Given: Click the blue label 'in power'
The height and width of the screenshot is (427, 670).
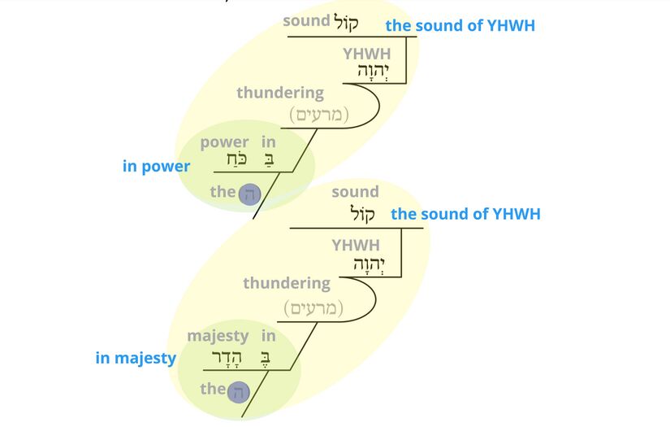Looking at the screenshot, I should coord(156,167).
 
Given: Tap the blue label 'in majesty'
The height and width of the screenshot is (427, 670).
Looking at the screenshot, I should coord(136,358).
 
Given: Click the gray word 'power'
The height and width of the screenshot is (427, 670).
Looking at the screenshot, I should coord(224,142).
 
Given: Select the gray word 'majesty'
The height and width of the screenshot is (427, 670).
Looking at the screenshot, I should coord(218,335).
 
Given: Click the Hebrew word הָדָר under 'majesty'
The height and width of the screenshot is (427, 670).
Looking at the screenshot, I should coord(227,356).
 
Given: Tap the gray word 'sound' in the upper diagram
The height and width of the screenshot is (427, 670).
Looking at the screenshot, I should coord(306,21).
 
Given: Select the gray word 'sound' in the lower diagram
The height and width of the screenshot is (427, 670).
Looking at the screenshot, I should coord(355,192).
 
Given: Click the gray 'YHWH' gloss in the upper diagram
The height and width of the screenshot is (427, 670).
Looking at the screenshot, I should coord(366,54).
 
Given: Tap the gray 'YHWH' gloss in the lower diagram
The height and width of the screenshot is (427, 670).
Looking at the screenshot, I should coord(355,245).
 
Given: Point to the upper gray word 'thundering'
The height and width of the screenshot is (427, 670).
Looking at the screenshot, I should coord(279,93).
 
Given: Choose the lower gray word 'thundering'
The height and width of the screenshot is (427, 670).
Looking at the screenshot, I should coord(286,284).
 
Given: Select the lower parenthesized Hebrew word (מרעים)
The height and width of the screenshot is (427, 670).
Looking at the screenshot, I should coord(313,308).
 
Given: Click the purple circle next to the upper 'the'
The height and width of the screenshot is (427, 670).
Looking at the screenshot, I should coord(249,194).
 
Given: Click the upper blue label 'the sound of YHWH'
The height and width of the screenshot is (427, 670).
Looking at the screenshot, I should coord(460,25).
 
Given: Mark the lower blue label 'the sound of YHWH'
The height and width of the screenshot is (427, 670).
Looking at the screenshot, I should coord(465,214).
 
